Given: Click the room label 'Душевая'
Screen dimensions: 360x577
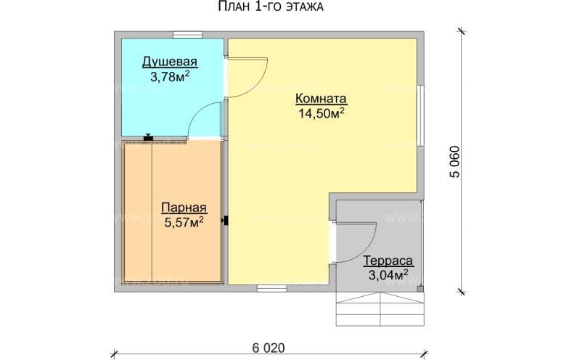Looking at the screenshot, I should pyautogui.click(x=170, y=62).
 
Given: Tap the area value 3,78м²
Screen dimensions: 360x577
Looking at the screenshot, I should pyautogui.click(x=170, y=75).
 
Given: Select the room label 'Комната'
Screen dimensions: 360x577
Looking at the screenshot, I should pyautogui.click(x=321, y=99).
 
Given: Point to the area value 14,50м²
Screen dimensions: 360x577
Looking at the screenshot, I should pyautogui.click(x=321, y=112).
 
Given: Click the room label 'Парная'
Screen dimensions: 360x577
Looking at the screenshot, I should pyautogui.click(x=179, y=207).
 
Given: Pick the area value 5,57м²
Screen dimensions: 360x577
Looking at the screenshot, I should pyautogui.click(x=179, y=221).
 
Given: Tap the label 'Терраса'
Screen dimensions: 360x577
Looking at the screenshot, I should pyautogui.click(x=388, y=261).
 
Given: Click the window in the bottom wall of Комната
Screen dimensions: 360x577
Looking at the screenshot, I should pyautogui.click(x=272, y=287).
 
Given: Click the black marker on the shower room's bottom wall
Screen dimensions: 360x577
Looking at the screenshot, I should pyautogui.click(x=148, y=136).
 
